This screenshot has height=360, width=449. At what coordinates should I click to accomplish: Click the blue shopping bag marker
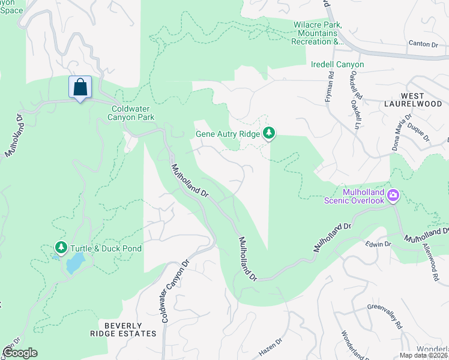pos(80,88)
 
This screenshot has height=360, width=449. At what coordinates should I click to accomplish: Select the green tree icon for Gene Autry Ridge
pos(270,133)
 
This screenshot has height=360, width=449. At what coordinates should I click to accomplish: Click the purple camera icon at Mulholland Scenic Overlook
pos(393,194)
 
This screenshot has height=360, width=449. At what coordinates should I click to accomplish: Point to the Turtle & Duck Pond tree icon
pos(61,247)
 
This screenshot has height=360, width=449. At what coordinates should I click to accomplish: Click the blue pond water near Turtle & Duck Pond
pos(74,263)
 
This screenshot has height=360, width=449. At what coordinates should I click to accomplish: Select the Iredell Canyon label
pos(337,64)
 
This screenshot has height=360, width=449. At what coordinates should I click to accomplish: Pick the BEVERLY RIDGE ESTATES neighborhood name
pos(130,329)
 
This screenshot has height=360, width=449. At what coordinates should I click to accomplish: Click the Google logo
pos(20,353)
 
